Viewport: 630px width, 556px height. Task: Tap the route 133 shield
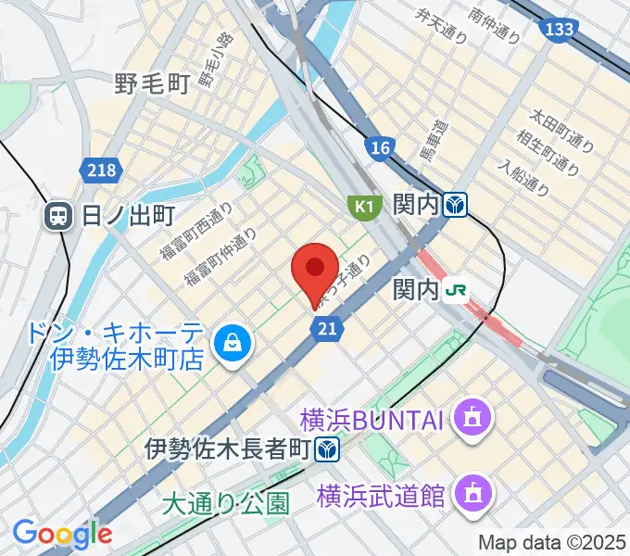(x=559, y=31)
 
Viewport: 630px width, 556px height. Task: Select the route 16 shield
(x=379, y=147)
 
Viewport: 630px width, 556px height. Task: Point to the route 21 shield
(x=325, y=329)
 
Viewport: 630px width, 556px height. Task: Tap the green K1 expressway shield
(x=364, y=206)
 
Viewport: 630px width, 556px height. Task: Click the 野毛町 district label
(x=153, y=84)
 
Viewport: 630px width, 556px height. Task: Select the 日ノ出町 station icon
(x=58, y=217)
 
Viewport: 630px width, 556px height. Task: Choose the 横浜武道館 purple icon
(x=473, y=495)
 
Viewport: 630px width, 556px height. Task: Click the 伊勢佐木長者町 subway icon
(x=325, y=451)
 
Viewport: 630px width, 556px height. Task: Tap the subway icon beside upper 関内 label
(x=454, y=203)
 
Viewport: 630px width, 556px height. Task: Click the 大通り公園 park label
(x=225, y=503)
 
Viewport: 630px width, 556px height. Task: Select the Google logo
(x=62, y=534)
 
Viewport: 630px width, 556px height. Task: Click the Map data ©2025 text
(x=552, y=542)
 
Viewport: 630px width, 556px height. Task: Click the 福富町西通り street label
(x=195, y=232)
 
